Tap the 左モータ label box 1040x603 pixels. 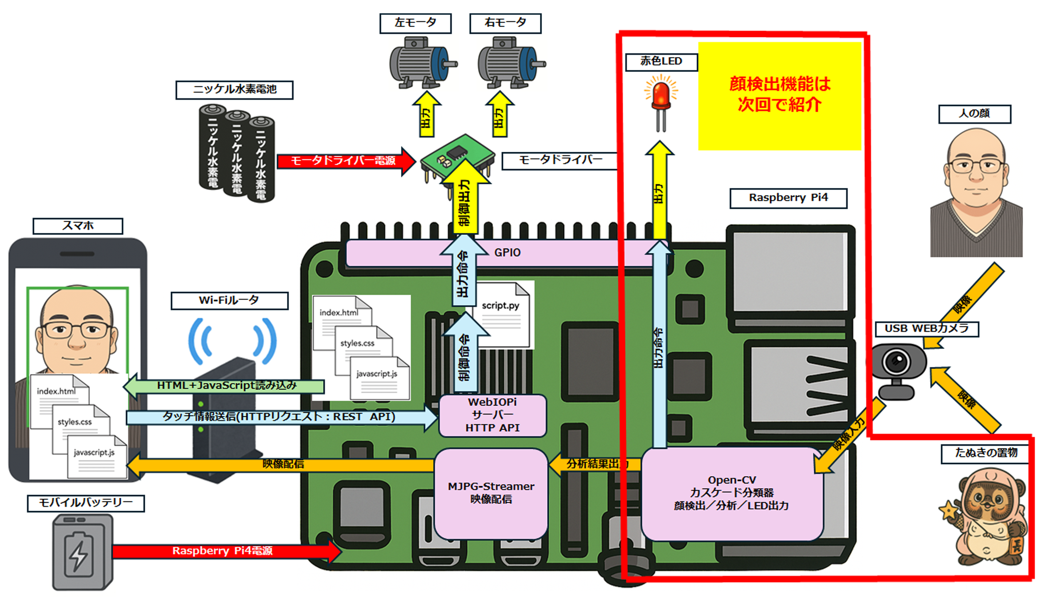(415, 23)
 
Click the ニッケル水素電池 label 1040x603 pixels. (234, 90)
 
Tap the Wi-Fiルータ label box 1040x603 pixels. (229, 300)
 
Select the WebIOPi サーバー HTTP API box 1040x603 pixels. (492, 415)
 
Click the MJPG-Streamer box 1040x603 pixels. (491, 493)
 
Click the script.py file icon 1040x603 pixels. (503, 314)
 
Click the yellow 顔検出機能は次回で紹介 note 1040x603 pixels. (779, 96)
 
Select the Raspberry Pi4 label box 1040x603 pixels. (788, 198)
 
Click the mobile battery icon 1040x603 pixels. (82, 551)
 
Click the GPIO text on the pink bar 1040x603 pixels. (507, 252)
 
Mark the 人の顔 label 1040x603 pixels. (974, 114)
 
